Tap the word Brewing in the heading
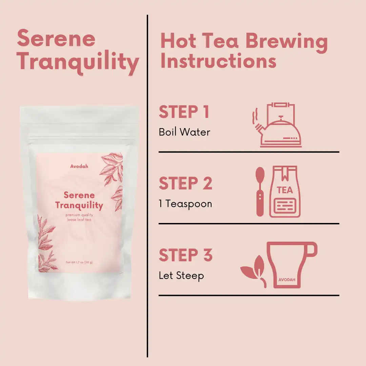[287, 42]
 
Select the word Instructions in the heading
[219, 61]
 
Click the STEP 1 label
[184, 112]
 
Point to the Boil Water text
[184, 132]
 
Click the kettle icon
[279, 125]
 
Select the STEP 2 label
[186, 183]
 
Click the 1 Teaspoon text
[186, 204]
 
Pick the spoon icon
[260, 191]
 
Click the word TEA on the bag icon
[285, 190]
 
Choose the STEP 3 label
[186, 255]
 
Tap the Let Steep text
[181, 276]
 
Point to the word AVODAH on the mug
[287, 280]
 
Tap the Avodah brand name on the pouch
[79, 166]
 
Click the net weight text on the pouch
[79, 262]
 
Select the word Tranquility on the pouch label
[79, 206]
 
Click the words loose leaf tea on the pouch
[79, 220]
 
